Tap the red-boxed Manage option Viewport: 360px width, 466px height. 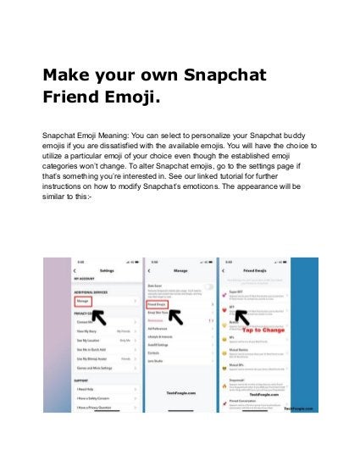[83, 300]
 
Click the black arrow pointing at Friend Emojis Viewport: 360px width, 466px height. [180, 318]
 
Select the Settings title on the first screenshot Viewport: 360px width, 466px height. [107, 270]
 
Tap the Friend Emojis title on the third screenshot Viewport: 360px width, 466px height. [257, 270]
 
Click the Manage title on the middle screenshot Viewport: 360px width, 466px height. [180, 270]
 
